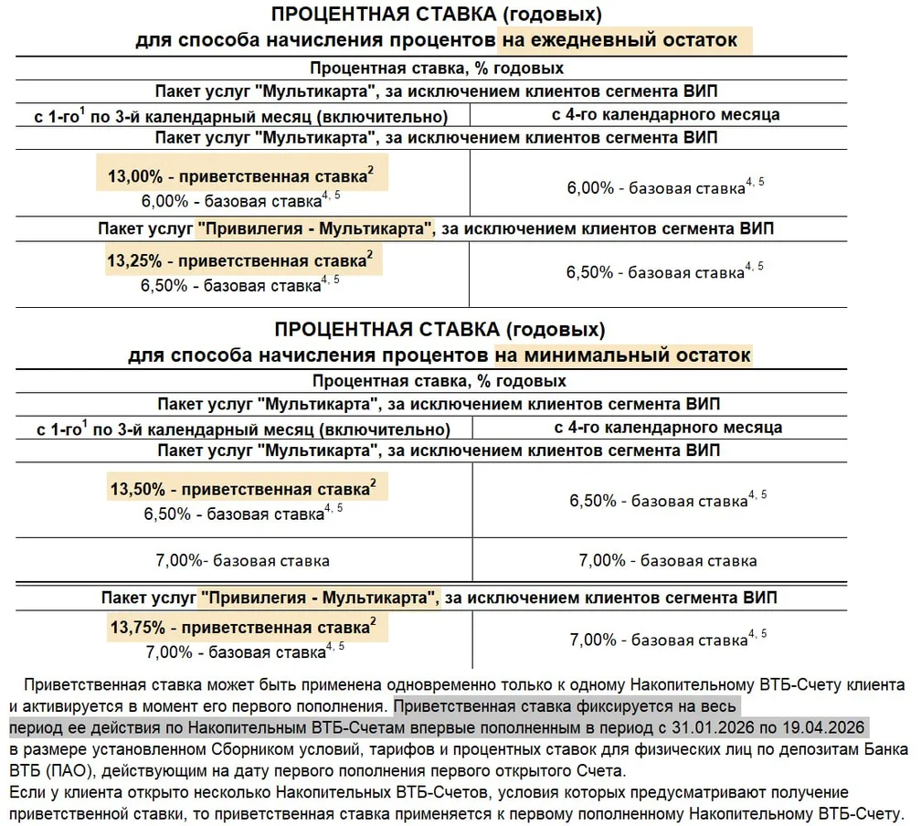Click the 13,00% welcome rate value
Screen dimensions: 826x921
(x=132, y=175)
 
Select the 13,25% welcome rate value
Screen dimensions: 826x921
(x=132, y=260)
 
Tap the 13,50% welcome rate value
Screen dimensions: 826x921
(x=134, y=489)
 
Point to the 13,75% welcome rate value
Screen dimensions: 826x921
(x=134, y=628)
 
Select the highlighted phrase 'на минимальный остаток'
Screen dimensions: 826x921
(x=623, y=354)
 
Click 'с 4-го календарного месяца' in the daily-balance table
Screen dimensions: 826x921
(x=664, y=115)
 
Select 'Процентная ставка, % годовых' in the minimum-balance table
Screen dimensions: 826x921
(x=439, y=380)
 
